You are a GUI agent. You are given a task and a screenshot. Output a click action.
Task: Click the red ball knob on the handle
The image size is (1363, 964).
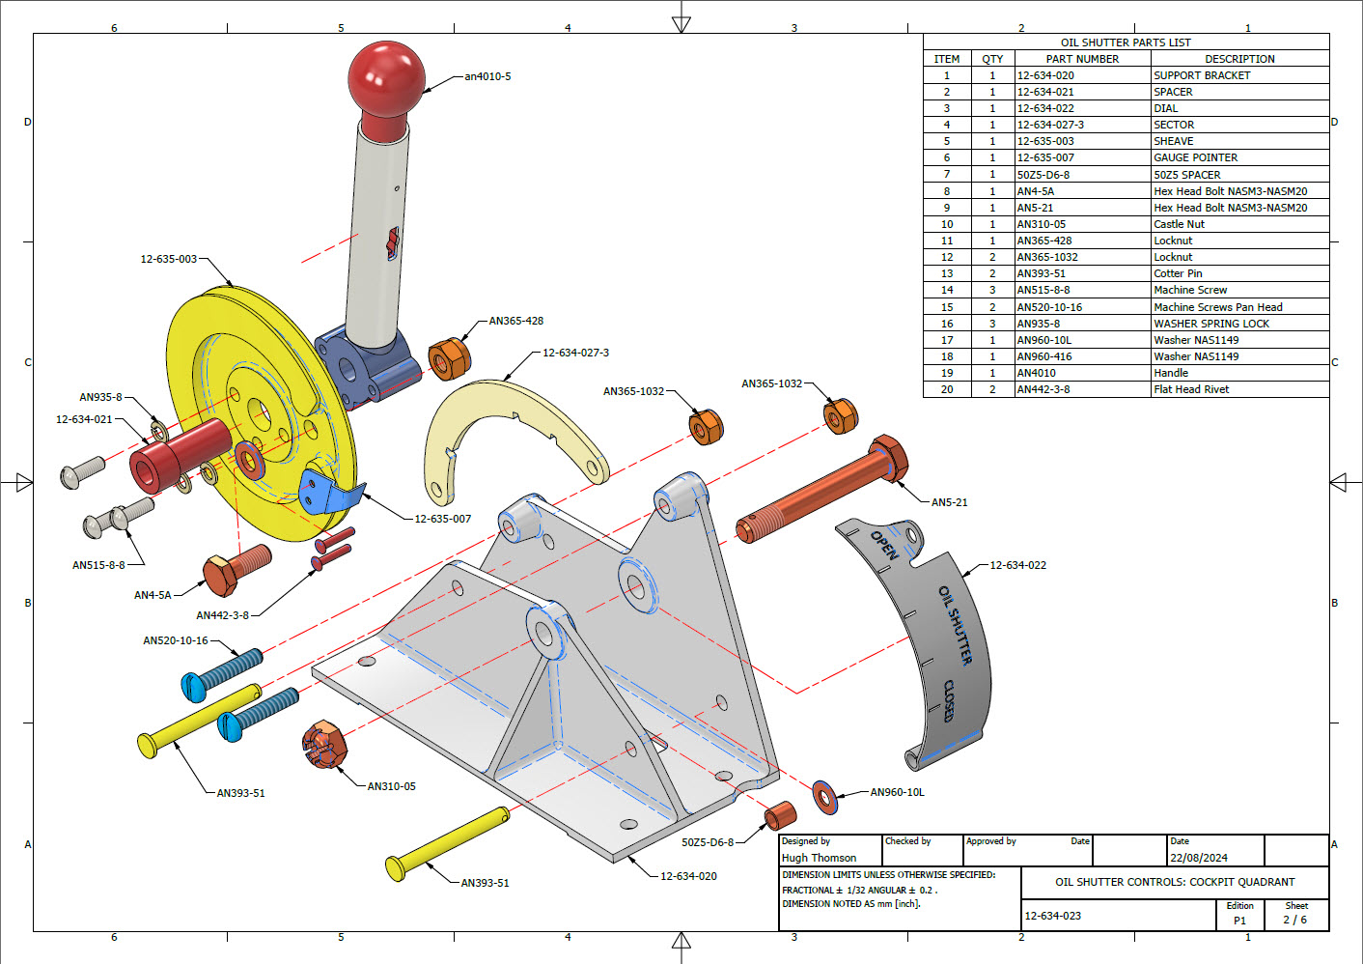[386, 77]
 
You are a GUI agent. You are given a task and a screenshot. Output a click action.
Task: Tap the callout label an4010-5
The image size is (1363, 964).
[487, 76]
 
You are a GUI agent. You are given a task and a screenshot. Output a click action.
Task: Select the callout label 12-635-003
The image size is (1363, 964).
[168, 259]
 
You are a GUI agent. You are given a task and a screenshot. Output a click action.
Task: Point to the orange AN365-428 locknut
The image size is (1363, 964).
[449, 358]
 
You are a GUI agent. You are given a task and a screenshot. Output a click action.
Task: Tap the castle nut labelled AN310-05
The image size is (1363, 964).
[324, 745]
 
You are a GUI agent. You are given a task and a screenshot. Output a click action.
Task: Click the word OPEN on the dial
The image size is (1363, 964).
[884, 545]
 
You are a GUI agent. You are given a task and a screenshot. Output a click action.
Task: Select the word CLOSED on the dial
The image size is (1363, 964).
[949, 700]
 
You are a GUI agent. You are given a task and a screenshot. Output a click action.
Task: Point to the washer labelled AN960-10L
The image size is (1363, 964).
[824, 797]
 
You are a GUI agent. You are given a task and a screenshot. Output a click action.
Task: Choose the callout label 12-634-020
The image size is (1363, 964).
[688, 876]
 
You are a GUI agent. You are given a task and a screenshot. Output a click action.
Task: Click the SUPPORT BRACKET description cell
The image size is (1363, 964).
[1202, 75]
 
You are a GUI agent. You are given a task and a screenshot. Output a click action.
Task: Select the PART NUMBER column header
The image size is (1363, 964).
[1082, 59]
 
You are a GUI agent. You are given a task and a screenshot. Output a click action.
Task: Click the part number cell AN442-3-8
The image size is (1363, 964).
[1043, 389]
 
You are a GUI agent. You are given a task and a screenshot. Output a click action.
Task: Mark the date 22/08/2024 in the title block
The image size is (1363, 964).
[1199, 858]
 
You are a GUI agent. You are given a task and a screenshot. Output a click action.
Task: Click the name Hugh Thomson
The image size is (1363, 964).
[819, 858]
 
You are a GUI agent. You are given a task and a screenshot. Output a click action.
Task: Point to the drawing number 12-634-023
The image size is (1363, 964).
[1052, 916]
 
